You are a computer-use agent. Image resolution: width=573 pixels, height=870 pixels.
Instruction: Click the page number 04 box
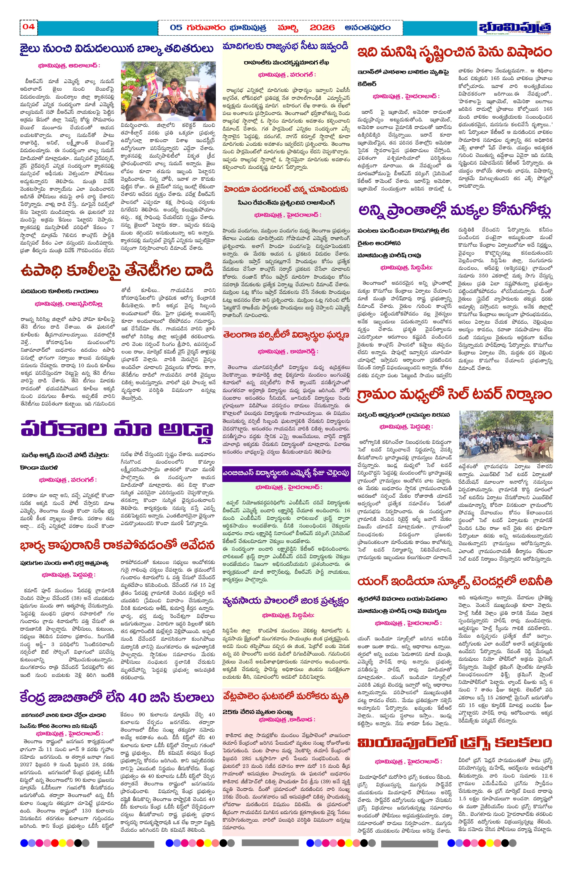point(29,27)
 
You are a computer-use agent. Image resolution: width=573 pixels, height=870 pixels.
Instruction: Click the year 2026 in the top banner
point(322,28)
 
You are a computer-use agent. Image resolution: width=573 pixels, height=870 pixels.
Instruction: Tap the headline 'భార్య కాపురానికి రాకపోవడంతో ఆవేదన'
point(117,546)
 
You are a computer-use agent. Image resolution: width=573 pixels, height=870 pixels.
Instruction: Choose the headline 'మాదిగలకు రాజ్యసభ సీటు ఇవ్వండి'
point(285,47)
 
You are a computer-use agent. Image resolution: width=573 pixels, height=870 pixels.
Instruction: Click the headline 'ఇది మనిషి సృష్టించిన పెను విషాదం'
point(454,52)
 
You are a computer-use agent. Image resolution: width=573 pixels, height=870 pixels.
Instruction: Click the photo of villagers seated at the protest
point(506,436)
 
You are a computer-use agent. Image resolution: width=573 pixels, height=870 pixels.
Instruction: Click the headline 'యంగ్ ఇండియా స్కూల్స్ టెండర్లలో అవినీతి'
point(454,581)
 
